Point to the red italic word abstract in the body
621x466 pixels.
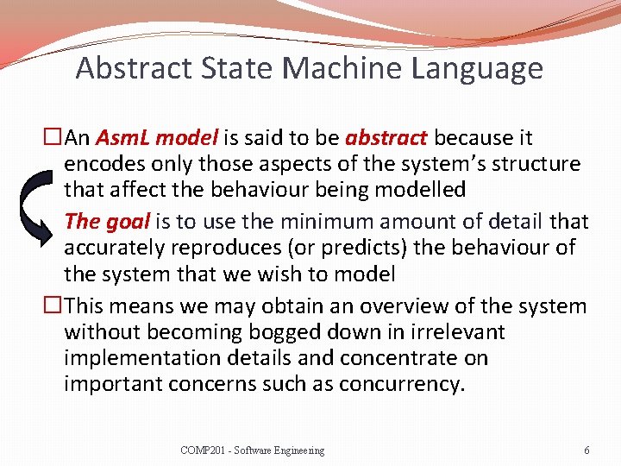pyautogui.click(x=386, y=138)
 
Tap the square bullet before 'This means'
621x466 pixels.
pyautogui.click(x=53, y=306)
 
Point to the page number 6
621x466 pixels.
pyautogui.click(x=586, y=450)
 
